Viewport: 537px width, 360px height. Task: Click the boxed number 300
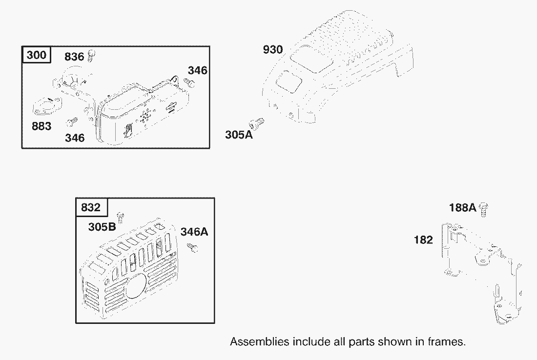point(36,55)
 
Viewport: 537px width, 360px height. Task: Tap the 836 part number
point(74,57)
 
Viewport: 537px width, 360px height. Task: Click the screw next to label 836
point(91,55)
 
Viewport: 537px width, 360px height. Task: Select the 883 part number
point(41,126)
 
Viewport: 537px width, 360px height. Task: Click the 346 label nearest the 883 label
point(75,138)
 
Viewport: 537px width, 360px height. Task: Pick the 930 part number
point(273,49)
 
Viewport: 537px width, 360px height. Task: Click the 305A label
point(239,135)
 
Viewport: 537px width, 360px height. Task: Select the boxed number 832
point(91,207)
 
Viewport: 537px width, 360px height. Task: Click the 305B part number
point(102,226)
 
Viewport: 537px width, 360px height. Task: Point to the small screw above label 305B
point(120,217)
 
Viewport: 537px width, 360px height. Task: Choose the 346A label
point(194,232)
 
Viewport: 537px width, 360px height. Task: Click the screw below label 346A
point(192,247)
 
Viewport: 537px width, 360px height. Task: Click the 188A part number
point(462,207)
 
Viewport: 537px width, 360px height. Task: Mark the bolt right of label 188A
point(484,210)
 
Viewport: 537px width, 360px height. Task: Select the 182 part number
point(423,240)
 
